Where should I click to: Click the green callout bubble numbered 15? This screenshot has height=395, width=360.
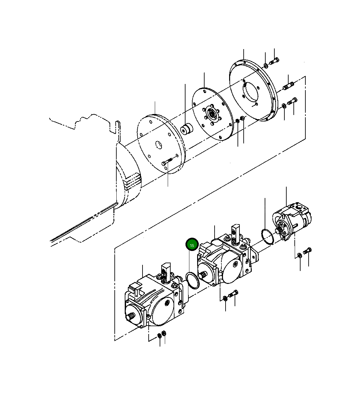coord(192,245)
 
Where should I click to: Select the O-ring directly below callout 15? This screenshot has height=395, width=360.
coord(193,280)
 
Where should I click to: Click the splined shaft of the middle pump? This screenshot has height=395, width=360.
coord(204,275)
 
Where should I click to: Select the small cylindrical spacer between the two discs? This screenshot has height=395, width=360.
coord(186,130)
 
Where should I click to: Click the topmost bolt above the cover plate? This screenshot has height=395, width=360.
coord(274,61)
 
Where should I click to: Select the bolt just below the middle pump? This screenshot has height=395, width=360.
coord(233,294)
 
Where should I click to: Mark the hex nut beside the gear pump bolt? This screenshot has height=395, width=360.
coord(300,255)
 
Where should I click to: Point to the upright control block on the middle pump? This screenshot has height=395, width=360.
coord(236,233)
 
